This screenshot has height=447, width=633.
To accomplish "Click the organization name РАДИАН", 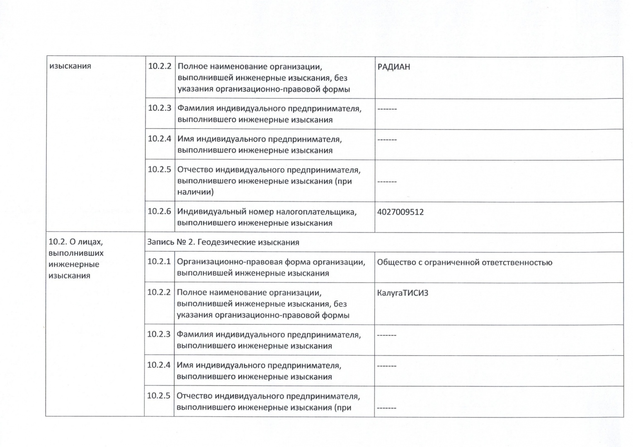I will tap(393, 67).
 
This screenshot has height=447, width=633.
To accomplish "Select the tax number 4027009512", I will tap(400, 212).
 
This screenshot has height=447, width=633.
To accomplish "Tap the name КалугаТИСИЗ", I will tap(402, 293).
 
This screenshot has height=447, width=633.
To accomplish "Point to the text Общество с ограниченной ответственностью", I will tap(464, 262).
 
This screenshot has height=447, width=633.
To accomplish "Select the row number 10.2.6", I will tap(159, 211).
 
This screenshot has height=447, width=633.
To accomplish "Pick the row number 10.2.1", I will tap(159, 261).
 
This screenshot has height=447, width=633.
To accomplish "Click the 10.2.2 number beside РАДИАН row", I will tap(160, 66).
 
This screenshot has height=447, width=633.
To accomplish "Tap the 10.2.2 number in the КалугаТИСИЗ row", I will tap(159, 292).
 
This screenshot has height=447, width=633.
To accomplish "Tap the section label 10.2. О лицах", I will tap(75, 242).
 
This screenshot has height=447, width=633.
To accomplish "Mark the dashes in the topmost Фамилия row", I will tap(387, 109).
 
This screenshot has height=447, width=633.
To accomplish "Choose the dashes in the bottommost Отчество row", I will tap(386, 408).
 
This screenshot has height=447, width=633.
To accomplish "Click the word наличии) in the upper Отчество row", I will tap(195, 192).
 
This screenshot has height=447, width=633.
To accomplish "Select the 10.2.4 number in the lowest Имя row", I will tap(159, 365).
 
